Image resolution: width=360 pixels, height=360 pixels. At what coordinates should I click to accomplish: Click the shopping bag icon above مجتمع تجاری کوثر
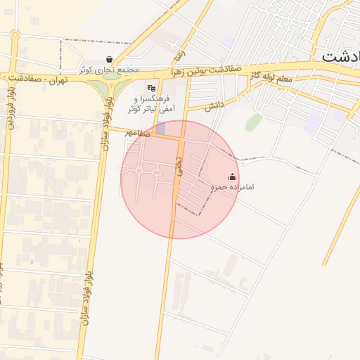(109, 60)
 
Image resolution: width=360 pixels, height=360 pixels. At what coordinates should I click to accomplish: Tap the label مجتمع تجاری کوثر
(109, 70)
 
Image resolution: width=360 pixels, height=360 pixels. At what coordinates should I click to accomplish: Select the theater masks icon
(151, 89)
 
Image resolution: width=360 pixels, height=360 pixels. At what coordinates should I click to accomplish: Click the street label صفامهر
(138, 131)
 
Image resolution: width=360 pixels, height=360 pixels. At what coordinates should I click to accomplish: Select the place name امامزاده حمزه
(233, 187)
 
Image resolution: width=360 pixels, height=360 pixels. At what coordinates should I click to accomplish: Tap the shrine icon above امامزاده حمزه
(233, 177)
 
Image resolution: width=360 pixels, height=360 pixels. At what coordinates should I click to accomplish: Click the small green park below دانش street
(253, 122)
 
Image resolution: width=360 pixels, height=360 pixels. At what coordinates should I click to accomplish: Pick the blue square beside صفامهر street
(161, 129)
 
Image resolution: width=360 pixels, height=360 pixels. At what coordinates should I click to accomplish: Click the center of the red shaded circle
(180, 179)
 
